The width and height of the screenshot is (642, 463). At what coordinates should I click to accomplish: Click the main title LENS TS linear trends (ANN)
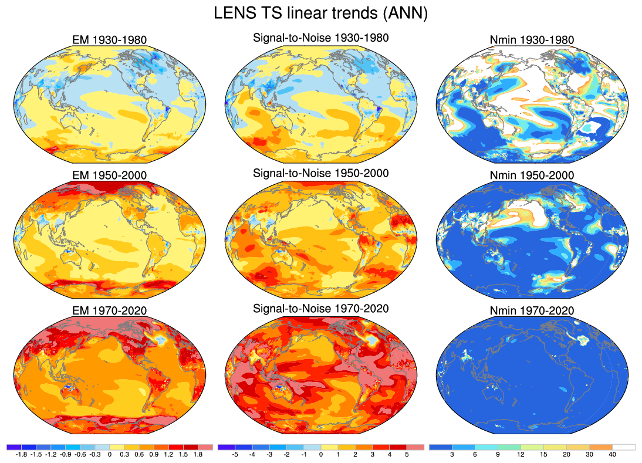(x=320, y=13)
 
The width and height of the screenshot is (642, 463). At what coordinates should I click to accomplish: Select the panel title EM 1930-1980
(x=109, y=40)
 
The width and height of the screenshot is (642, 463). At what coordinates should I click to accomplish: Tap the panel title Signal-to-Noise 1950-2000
(x=320, y=173)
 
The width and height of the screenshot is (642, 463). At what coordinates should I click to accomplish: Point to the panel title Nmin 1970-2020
(x=532, y=311)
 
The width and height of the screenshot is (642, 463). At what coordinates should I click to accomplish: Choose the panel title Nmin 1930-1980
(x=532, y=40)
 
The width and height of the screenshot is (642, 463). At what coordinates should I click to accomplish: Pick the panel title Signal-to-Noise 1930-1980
(x=320, y=38)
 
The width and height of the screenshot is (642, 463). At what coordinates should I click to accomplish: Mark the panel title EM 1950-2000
(x=109, y=175)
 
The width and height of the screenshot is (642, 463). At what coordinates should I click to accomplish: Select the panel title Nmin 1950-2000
(x=532, y=175)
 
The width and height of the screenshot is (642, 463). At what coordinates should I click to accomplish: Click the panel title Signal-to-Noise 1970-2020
(x=320, y=309)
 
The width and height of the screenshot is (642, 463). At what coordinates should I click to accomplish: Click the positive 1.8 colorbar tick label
(x=198, y=454)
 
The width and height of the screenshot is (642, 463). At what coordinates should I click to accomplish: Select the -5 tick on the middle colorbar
(x=234, y=454)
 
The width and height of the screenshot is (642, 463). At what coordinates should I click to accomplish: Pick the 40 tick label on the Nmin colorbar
(x=612, y=454)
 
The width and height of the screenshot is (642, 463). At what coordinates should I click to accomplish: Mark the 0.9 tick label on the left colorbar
(x=153, y=454)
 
